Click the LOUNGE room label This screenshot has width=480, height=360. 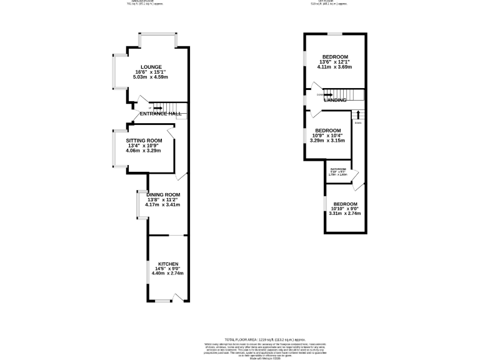[151, 67]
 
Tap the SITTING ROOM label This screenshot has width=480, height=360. [144, 141]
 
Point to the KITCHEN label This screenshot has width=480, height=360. [169, 264]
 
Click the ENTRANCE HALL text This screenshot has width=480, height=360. [161, 114]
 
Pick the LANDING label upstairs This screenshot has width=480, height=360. [335, 100]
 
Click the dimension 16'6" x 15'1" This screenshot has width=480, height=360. [151, 72]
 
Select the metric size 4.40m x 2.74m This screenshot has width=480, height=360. [169, 274]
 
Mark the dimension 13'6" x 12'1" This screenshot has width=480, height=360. [334, 62]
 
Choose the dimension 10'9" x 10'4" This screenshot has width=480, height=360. [326, 135]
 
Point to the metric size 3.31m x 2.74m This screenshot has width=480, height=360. [345, 214]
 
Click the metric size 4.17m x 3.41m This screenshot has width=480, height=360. [162, 204]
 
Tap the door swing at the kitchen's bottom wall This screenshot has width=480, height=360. [178, 296]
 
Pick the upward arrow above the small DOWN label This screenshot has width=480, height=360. [358, 115]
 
